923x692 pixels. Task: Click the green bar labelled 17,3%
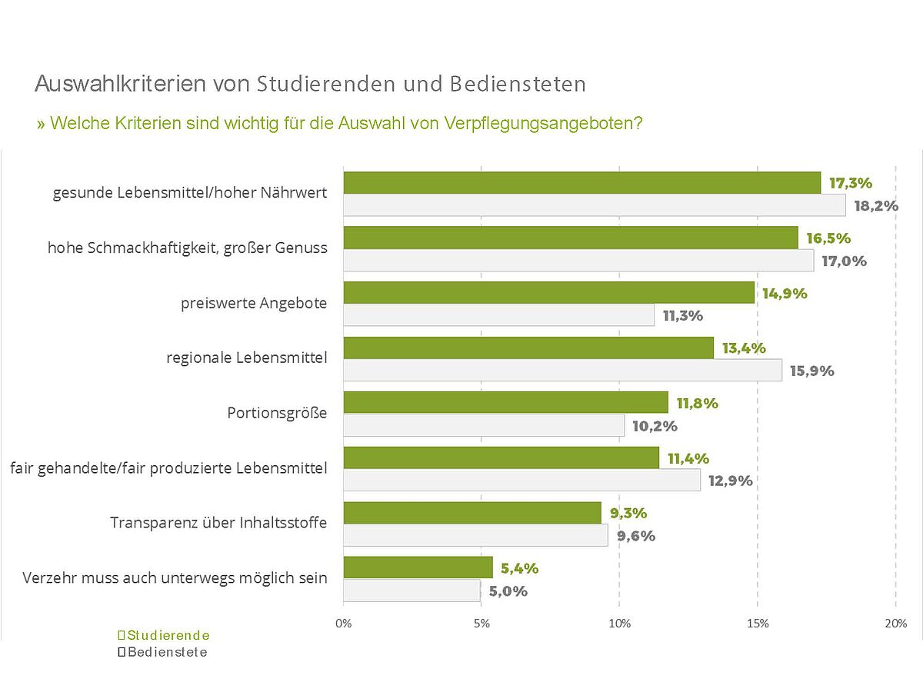582,183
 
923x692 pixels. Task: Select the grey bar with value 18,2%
595,205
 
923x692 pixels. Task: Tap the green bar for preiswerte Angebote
549,293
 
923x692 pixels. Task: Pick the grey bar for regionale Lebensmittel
563,370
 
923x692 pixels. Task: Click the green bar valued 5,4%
418,568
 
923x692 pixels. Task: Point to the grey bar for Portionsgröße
484,425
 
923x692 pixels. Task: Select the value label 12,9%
730,481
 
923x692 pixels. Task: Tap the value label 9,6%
636,536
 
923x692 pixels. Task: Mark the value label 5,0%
508,591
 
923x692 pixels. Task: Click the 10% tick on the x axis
620,624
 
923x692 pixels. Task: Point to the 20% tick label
896,624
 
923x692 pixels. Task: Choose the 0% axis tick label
344,624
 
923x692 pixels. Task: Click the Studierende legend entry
164,636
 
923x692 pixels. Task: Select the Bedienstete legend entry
163,652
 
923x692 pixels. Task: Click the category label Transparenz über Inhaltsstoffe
218,523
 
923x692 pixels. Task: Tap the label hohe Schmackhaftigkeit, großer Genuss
188,248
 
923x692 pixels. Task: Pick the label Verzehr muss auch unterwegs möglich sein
175,577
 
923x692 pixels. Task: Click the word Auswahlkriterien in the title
121,84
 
